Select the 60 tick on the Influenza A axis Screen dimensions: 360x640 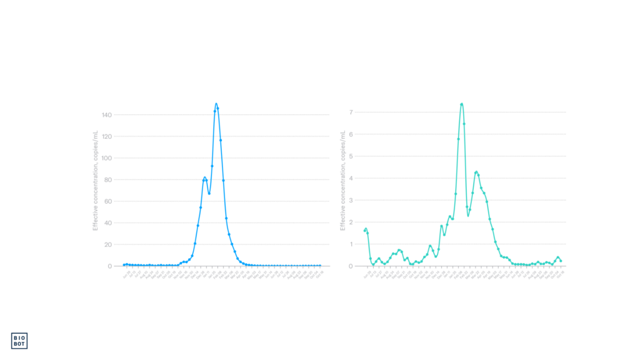[x=107, y=201]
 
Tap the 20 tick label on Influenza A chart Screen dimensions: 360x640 [x=107, y=244]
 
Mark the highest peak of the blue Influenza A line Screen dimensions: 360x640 [x=216, y=104]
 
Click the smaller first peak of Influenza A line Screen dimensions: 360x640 [x=204, y=178]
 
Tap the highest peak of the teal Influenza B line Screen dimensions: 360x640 [x=462, y=104]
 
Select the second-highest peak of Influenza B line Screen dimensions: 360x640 [x=476, y=172]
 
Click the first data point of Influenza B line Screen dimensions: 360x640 [x=365, y=229]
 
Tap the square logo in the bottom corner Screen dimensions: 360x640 [x=20, y=340]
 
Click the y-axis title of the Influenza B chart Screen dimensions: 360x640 [x=342, y=181]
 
